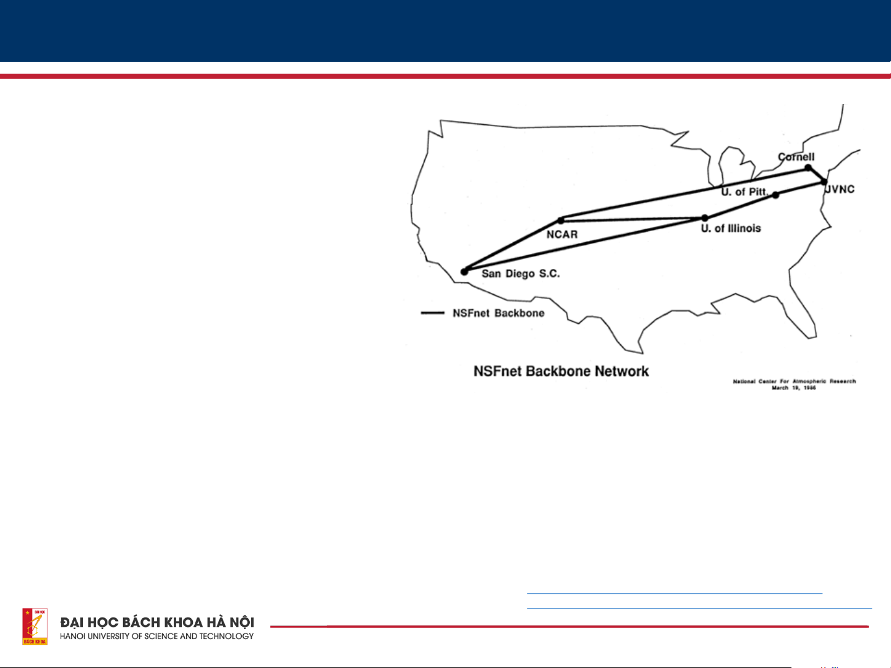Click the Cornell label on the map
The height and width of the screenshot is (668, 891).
coord(796,157)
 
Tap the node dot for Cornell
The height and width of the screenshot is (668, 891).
coord(808,167)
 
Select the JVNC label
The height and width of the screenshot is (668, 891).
coord(840,189)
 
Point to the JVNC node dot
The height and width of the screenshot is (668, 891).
coord(824,181)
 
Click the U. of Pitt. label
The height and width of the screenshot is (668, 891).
coord(744,192)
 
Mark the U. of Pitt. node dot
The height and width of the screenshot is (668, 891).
coord(775,195)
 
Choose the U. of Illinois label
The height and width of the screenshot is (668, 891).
coord(731,229)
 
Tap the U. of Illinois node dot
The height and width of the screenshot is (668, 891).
coord(704,218)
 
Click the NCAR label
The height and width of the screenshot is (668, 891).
coord(562,234)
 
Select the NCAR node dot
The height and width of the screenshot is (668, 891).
coord(561,220)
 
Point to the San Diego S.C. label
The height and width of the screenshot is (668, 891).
coord(521,273)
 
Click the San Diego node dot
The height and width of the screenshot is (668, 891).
coord(464,272)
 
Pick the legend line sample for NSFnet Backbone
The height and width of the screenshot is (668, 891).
coord(432,313)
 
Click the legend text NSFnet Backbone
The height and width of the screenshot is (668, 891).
coord(498,313)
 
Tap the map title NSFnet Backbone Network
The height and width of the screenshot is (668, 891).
coord(561,371)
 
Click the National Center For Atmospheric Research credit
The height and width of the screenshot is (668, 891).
coord(794,381)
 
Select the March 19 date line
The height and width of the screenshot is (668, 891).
coord(794,388)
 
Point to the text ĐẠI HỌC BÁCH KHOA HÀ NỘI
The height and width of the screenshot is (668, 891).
coord(157,622)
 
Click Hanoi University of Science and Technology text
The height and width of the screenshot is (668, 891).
coord(157,636)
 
